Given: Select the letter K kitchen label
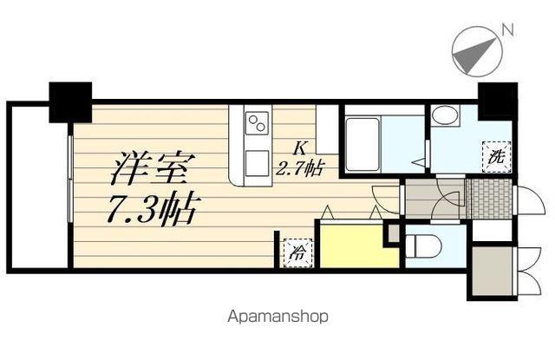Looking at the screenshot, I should pos(299,147).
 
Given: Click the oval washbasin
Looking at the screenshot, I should pos(447,116).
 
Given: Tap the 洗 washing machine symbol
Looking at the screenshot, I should pos(495,158).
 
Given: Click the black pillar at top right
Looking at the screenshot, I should pos(497,100).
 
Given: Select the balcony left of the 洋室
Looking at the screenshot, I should pos(36,187).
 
